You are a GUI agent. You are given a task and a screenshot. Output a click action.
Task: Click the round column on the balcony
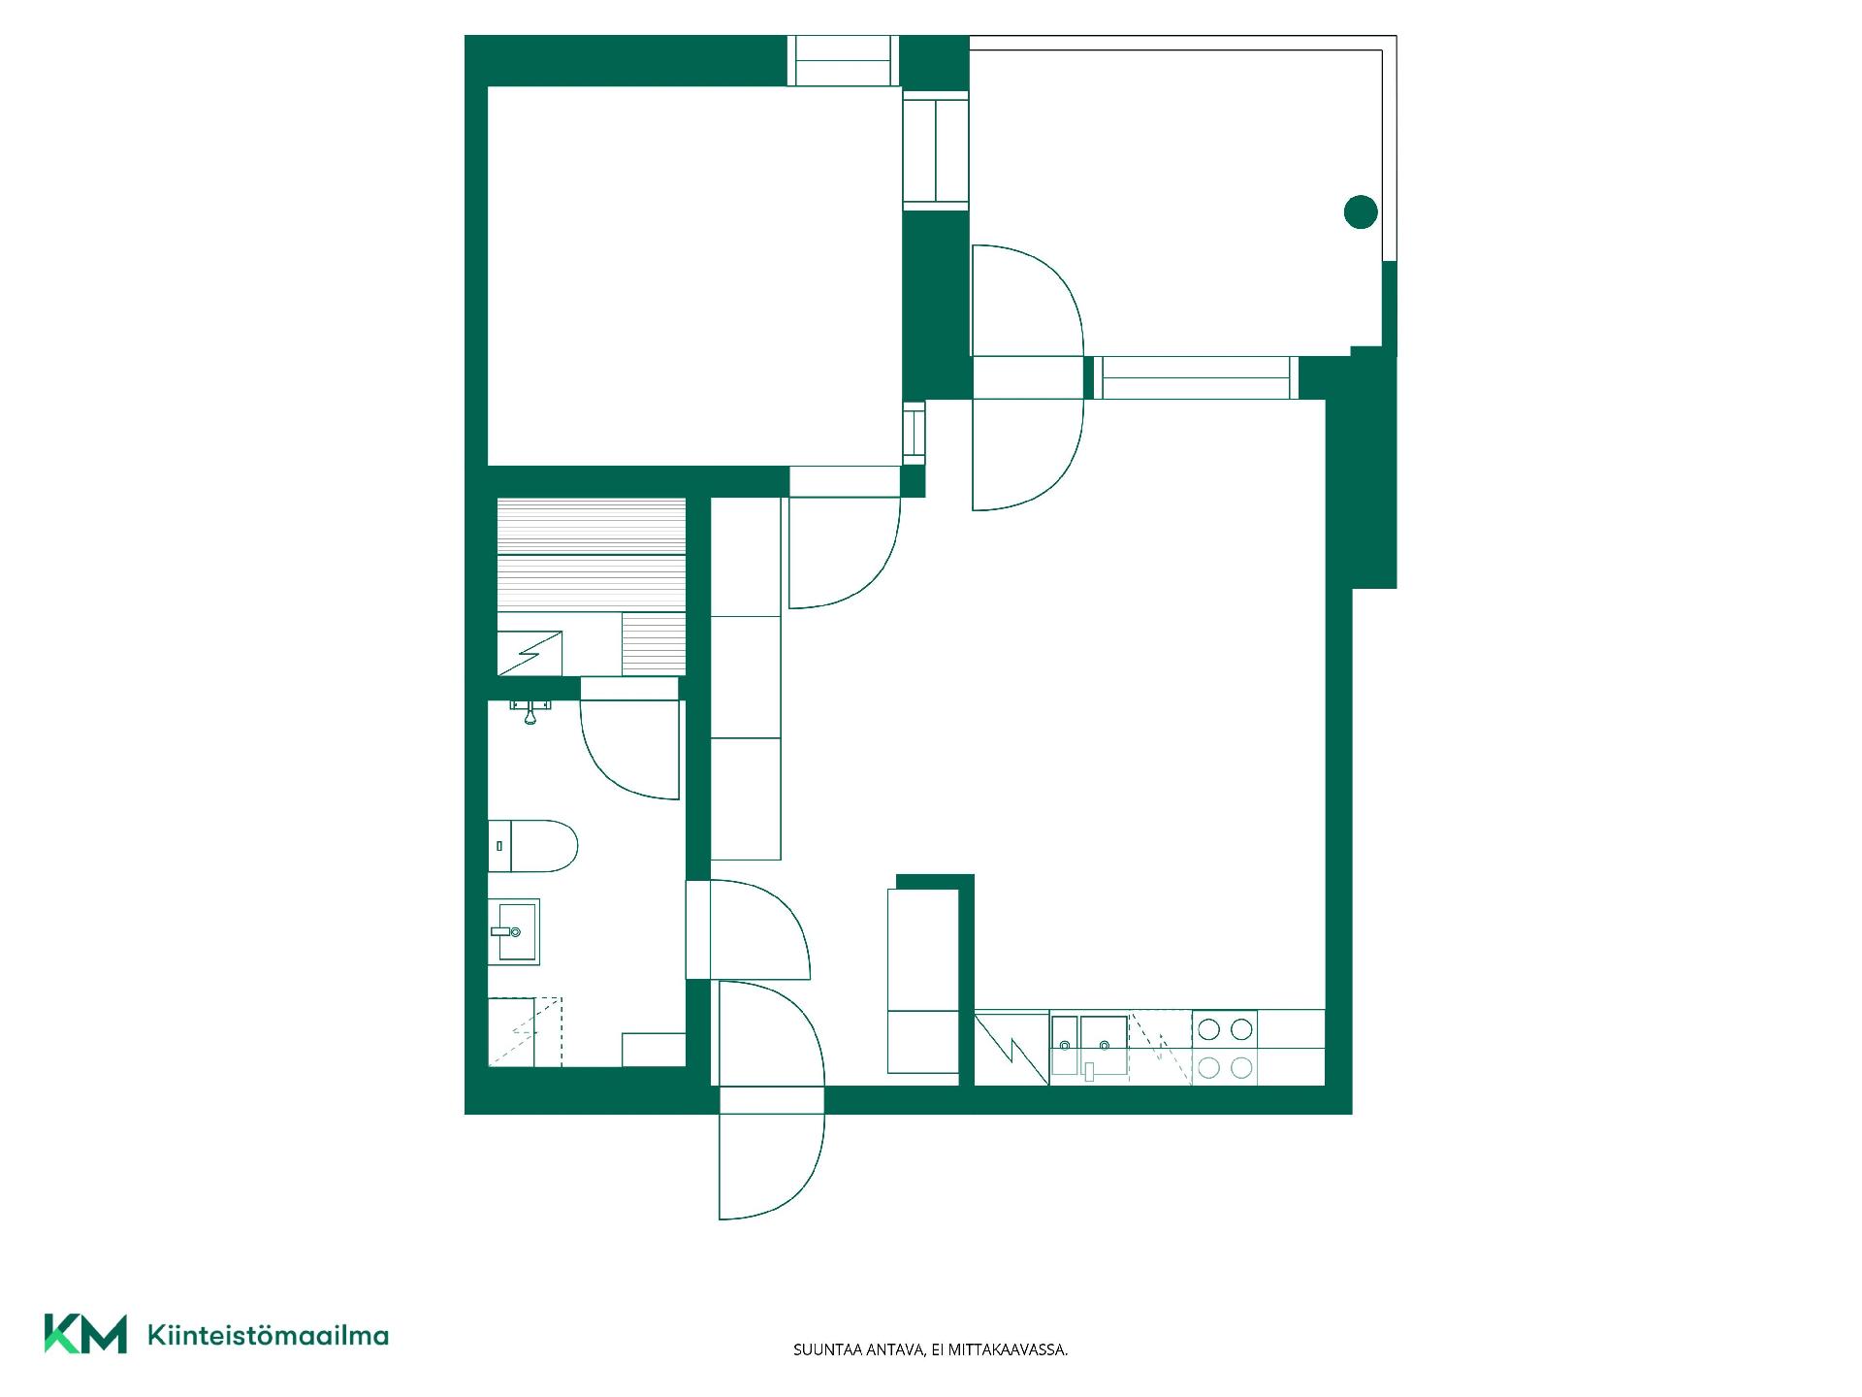1361,211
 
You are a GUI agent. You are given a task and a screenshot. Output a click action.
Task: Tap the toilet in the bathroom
532,846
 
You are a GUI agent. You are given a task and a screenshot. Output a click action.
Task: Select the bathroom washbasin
513,931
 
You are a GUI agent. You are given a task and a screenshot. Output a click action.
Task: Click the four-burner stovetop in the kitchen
1225,1048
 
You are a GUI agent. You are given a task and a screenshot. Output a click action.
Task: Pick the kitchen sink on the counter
1089,1048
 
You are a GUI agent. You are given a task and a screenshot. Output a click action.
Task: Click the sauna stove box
530,653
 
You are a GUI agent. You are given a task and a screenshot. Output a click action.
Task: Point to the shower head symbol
530,710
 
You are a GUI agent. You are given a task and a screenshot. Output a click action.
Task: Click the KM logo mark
85,1333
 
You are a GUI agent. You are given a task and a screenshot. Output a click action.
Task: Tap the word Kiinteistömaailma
268,1335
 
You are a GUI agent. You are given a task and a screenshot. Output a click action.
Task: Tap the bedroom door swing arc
845,553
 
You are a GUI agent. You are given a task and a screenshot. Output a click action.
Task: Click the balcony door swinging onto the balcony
1028,301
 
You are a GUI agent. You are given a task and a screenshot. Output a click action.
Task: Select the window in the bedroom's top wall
842,61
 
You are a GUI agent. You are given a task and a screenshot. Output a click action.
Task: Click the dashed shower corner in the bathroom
525,1031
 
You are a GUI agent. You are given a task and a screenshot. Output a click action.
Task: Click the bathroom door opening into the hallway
748,929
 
